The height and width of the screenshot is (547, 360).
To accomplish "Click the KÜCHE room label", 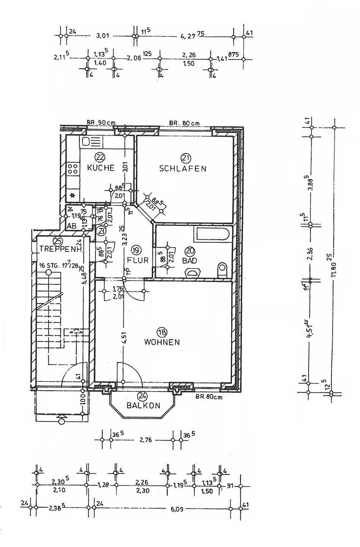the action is coord(100,168).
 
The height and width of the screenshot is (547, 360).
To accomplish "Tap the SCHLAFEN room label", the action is coord(183,168).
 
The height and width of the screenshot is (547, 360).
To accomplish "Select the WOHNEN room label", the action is coord(162,342).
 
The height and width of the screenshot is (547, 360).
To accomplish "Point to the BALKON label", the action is coord(143,405).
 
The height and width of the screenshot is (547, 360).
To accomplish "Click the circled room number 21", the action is coord(186,157).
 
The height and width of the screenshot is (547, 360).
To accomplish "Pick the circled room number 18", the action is coord(162,332).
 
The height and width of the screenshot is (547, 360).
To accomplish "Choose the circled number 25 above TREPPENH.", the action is coord(58,240).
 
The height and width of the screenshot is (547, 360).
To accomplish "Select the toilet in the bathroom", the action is coord(222,270).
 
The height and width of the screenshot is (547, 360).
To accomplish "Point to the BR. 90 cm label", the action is coord(101,123).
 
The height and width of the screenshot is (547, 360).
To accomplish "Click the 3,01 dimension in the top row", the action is coord(103,36).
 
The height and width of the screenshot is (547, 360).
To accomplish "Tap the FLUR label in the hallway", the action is coord(138,260).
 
